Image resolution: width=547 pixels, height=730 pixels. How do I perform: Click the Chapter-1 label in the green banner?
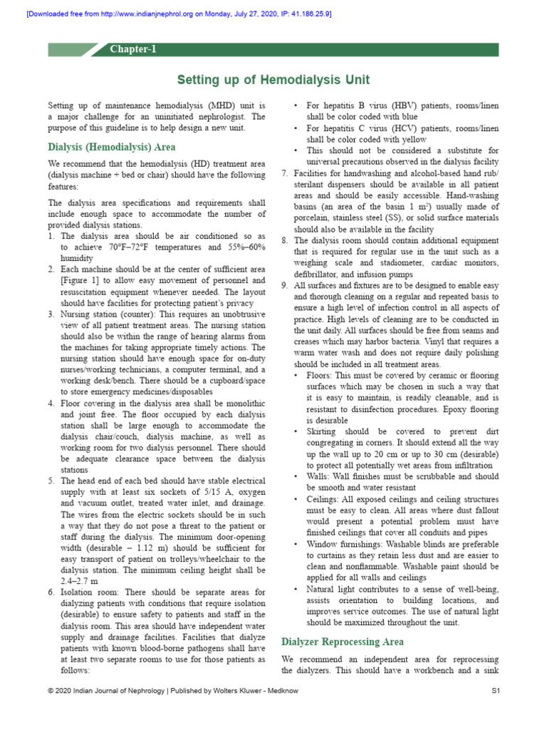click(132, 49)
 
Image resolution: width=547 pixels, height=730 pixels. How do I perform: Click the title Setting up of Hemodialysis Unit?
click(273, 79)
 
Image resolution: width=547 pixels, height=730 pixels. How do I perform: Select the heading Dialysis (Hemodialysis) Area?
click(111, 148)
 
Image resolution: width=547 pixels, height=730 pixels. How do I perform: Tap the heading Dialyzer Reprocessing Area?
click(343, 642)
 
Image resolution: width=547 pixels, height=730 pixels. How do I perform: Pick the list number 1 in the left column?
click(51, 236)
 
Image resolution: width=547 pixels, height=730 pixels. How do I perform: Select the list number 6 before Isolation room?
click(51, 592)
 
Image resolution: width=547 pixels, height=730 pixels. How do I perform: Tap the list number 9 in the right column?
click(285, 285)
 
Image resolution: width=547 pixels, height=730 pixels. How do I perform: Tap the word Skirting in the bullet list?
click(325, 432)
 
